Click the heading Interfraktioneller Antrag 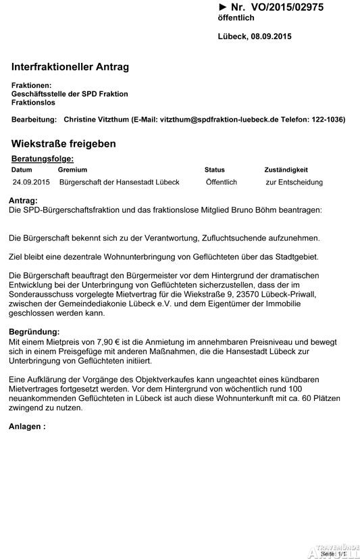(70, 67)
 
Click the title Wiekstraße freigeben (63, 144)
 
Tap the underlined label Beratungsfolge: (43, 158)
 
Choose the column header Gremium (72, 170)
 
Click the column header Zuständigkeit (286, 170)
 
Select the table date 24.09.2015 (31, 183)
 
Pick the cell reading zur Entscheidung (294, 183)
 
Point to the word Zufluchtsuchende (232, 239)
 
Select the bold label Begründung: (34, 332)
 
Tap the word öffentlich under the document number (236, 18)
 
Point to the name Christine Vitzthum (96, 119)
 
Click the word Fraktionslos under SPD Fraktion (34, 103)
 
